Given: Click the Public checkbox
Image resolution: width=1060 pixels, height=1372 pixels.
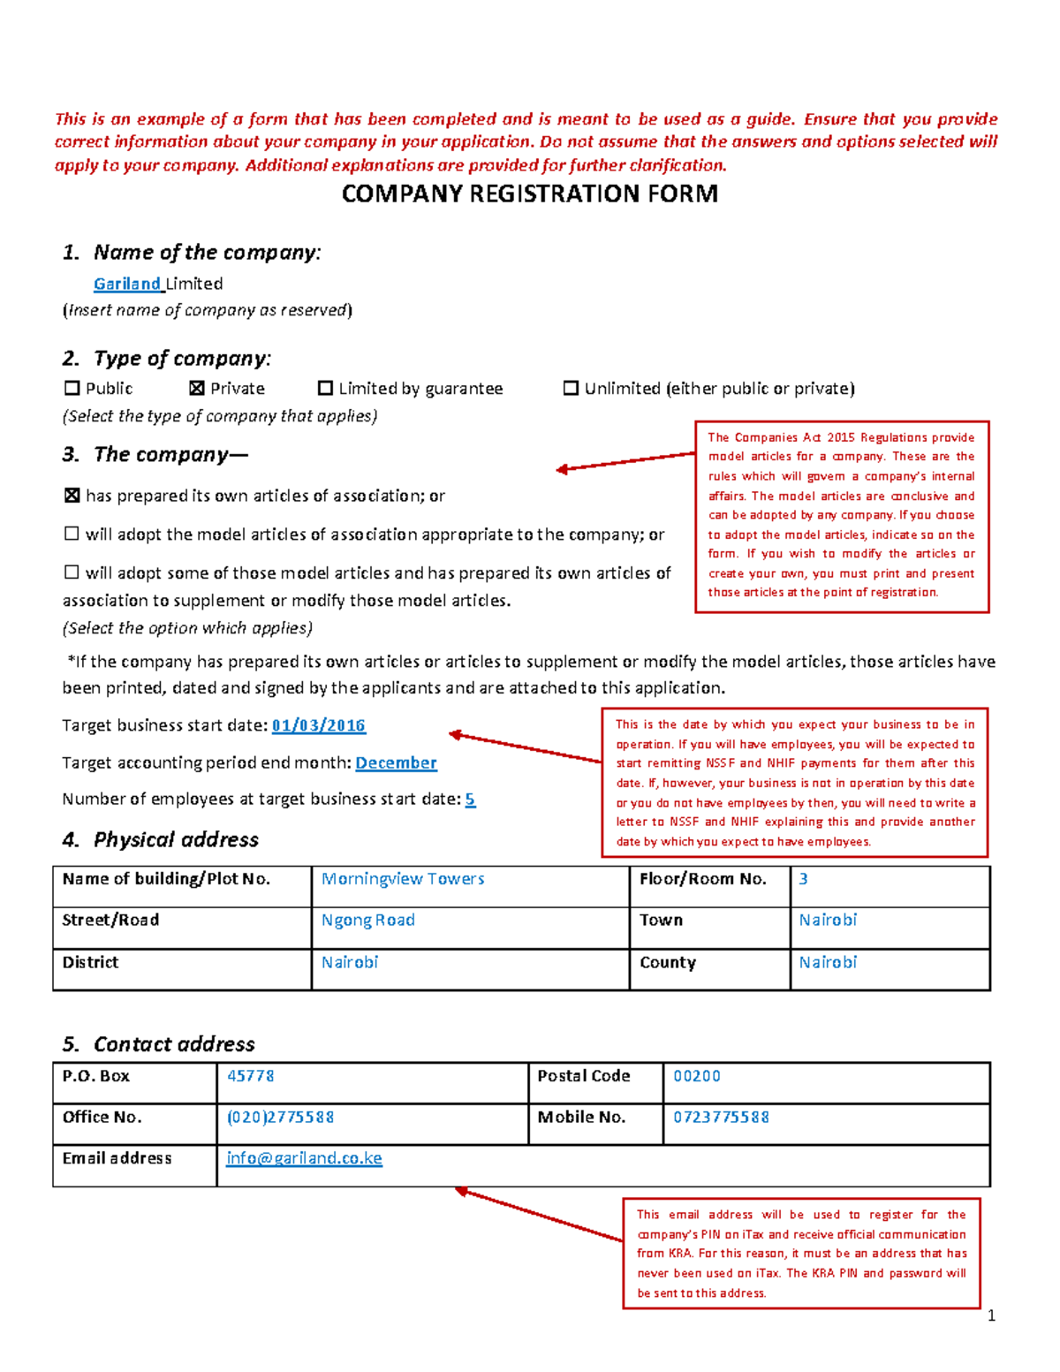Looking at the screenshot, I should click(72, 388).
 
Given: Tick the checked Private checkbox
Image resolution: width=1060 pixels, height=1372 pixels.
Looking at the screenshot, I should click(197, 388).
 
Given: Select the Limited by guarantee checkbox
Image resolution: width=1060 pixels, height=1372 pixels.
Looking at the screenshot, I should click(325, 388).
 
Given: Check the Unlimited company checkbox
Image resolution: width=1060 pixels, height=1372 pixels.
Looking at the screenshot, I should click(571, 388).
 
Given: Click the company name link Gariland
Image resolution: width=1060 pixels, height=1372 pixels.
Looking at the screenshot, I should click(127, 284).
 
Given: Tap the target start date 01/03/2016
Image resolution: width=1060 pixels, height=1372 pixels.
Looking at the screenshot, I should click(318, 725).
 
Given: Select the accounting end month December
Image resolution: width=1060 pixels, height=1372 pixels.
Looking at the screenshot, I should click(396, 762).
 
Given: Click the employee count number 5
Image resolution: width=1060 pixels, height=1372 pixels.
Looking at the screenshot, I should click(470, 799).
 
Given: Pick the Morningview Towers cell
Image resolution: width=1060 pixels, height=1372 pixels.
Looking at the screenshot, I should click(403, 879).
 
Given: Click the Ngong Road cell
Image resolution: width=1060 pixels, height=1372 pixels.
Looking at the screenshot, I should click(367, 920).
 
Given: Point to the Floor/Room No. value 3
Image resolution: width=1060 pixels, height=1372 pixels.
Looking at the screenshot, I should click(803, 879).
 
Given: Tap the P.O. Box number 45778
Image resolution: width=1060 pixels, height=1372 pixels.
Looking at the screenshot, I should click(251, 1076).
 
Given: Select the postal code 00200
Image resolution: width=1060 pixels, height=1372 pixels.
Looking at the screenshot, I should click(697, 1076).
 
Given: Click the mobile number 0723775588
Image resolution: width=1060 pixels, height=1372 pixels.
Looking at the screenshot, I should click(721, 1117).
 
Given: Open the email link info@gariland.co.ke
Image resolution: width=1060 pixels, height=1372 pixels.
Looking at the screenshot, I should click(304, 1157).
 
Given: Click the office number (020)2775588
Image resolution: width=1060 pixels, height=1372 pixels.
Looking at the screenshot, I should click(280, 1117).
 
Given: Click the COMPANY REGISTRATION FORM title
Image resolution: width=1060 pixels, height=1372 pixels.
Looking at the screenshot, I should click(529, 193).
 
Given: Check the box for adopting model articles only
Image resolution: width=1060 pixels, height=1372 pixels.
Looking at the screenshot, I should click(72, 534).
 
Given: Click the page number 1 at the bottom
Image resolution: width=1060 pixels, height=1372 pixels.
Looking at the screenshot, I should click(991, 1315).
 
